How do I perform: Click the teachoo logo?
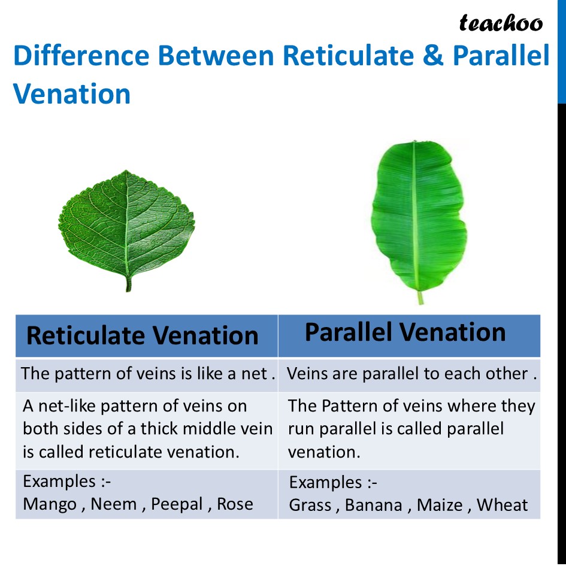pyautogui.click(x=501, y=23)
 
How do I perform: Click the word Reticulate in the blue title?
pyautogui.click(x=348, y=56)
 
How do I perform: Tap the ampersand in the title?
pyautogui.click(x=433, y=56)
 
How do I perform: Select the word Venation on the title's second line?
pyautogui.click(x=71, y=94)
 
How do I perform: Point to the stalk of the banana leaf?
pyautogui.click(x=420, y=298)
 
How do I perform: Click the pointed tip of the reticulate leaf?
pyautogui.click(x=126, y=170)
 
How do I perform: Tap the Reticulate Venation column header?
pyautogui.click(x=142, y=335)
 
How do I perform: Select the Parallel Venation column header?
pyautogui.click(x=405, y=332)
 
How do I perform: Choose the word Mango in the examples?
pyautogui.click(x=50, y=505)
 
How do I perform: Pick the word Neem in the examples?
pyautogui.click(x=114, y=504)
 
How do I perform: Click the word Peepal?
pyautogui.click(x=177, y=505)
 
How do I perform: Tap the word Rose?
pyautogui.click(x=235, y=504)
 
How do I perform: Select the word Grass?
pyautogui.click(x=310, y=505)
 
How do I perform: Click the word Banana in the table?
pyautogui.click(x=374, y=505)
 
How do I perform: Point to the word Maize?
pyautogui.click(x=440, y=505)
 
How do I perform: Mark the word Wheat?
pyautogui.click(x=502, y=505)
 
